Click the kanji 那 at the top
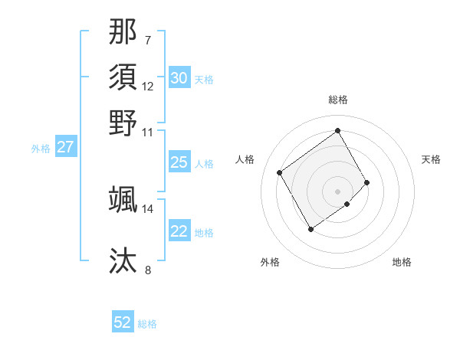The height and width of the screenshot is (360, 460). [x=123, y=32]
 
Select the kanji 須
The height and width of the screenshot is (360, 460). [x=123, y=77]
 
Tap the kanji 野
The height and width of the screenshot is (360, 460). [x=123, y=123]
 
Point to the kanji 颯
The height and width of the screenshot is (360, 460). [x=123, y=199]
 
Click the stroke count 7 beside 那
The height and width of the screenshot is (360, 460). [x=147, y=40]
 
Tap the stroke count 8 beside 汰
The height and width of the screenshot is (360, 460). [x=147, y=270]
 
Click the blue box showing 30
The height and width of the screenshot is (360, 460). [x=179, y=78]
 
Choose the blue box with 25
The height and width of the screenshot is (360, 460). [x=179, y=162]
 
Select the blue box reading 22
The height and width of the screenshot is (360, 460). [x=179, y=231]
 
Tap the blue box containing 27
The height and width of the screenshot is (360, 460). [x=65, y=147]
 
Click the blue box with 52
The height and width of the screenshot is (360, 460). [x=123, y=322]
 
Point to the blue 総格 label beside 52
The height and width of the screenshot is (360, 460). [x=147, y=324]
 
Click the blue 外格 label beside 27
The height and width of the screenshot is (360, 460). [x=41, y=149]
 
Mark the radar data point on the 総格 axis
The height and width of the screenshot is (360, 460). [x=338, y=130]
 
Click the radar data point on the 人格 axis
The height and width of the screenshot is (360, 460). [x=279, y=172]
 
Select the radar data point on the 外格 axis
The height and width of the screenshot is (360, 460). [x=310, y=229]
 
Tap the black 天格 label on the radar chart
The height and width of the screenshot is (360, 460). [x=431, y=159]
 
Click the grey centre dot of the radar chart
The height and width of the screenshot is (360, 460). [x=338, y=190]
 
